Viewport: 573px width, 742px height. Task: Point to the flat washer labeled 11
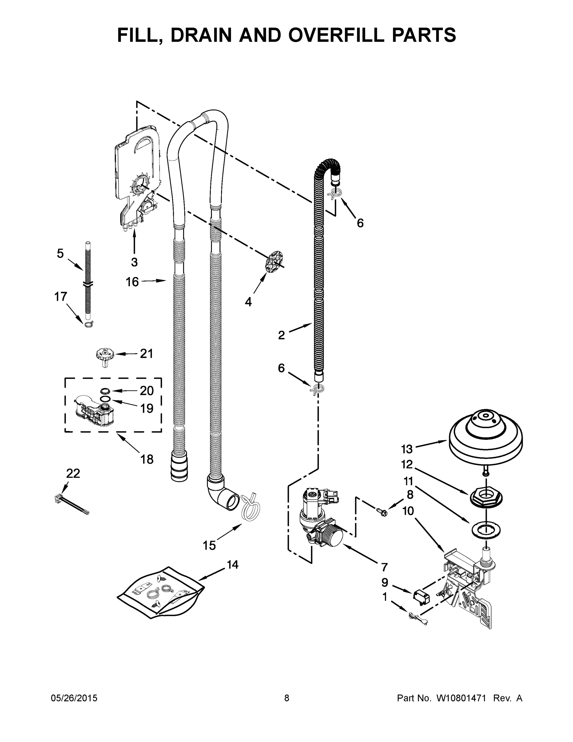click(486, 529)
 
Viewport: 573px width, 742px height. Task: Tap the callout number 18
click(147, 459)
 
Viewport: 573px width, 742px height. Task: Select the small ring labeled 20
click(105, 391)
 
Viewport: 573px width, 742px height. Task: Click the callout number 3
click(134, 262)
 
